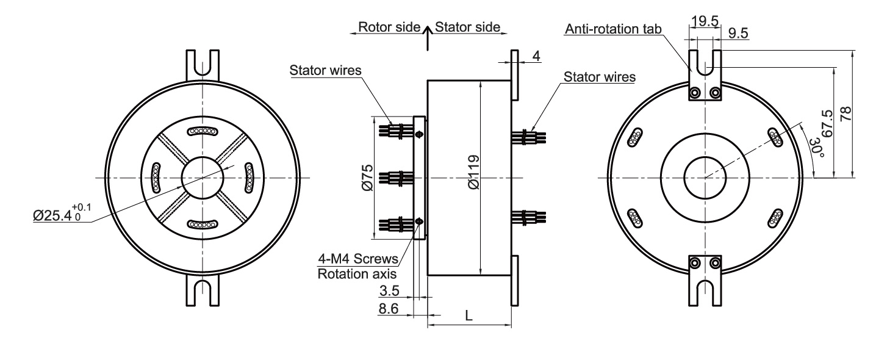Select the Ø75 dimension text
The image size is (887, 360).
tap(366, 177)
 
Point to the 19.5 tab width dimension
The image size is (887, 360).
tap(705, 21)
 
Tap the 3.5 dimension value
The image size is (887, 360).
tap(389, 288)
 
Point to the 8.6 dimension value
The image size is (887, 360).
tap(389, 309)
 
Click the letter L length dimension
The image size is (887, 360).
tap(468, 315)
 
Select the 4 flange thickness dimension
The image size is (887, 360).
tap(536, 56)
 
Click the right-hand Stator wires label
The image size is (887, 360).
tap(600, 77)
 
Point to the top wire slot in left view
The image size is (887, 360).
tap(201, 131)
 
